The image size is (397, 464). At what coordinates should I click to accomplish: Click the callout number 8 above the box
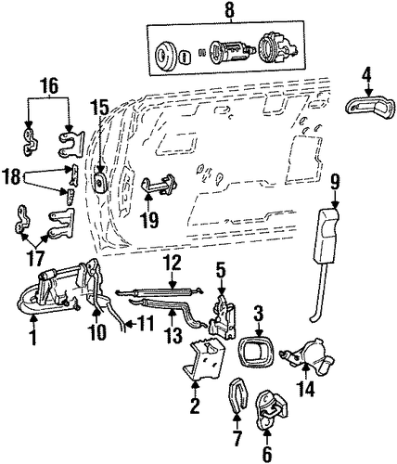229,10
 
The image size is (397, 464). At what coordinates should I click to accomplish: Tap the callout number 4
367,76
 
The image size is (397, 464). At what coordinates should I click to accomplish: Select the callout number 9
335,183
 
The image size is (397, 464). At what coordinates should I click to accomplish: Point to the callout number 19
149,221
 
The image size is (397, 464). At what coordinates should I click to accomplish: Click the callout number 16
49,86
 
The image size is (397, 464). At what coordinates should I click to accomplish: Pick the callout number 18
12,177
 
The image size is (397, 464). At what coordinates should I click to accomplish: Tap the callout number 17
36,258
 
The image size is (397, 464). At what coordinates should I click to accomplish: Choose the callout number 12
173,264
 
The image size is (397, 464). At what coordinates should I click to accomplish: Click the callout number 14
305,389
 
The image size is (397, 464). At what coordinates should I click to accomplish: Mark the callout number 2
195,406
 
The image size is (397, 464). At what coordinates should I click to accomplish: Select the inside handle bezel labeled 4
370,109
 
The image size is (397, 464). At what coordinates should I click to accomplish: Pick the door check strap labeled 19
160,185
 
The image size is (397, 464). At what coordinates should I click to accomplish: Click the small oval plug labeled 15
99,182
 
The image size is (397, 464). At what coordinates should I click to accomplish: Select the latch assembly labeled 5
222,316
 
